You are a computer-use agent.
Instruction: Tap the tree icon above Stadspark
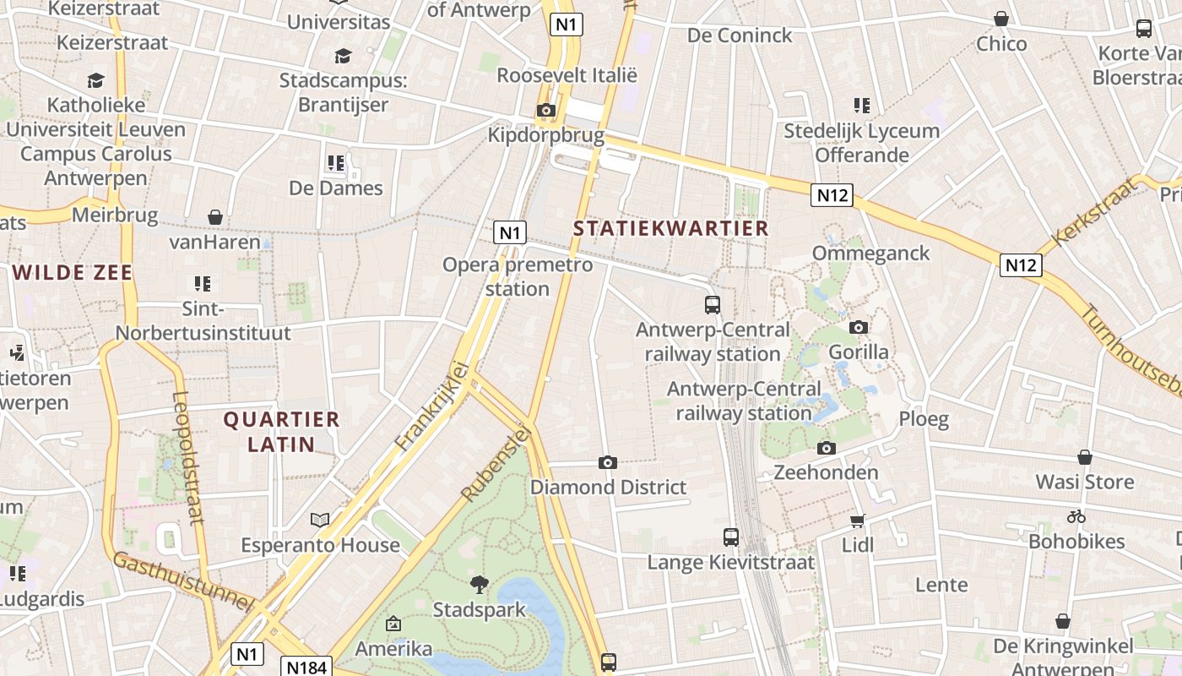tap(480, 584)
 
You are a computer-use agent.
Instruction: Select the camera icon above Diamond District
tap(607, 462)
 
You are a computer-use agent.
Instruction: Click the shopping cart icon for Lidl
tap(858, 521)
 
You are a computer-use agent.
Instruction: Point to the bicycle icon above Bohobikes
tap(1076, 516)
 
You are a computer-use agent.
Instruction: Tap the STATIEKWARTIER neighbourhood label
tap(670, 228)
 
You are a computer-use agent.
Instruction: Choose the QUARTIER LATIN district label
tap(281, 431)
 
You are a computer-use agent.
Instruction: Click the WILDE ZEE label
tap(73, 272)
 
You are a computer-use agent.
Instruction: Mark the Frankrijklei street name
tap(431, 405)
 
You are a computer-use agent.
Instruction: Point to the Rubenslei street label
tap(496, 463)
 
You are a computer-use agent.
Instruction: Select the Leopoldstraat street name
tap(187, 457)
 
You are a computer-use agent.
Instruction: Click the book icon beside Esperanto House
tap(320, 520)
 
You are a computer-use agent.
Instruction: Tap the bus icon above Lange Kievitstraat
tap(731, 537)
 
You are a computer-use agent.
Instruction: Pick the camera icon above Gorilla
tap(859, 327)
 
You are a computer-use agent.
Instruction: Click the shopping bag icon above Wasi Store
tap(1085, 457)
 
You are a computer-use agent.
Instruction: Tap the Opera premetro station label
tap(518, 276)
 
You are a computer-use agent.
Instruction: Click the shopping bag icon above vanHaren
tap(215, 217)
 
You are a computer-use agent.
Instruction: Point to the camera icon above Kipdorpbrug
tap(546, 110)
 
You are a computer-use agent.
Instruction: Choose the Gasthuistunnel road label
tap(183, 581)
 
